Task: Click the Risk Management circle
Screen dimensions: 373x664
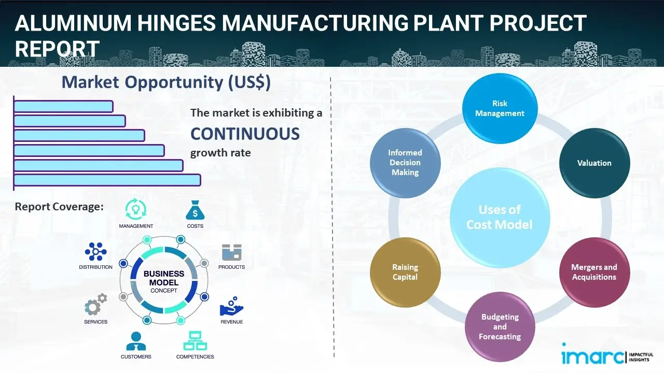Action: (x=500, y=109)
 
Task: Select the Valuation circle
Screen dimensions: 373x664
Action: (x=594, y=163)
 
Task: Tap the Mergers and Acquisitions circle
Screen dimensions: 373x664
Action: (x=594, y=272)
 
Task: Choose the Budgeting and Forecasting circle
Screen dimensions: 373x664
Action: (x=500, y=326)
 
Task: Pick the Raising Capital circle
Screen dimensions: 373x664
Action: (x=405, y=272)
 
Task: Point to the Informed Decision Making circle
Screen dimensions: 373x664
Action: (x=405, y=163)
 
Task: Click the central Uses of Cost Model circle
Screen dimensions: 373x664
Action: (x=500, y=217)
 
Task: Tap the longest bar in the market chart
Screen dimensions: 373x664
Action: (x=107, y=180)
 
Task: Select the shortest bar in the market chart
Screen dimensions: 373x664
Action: (x=63, y=106)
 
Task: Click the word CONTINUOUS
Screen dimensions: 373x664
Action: (x=245, y=134)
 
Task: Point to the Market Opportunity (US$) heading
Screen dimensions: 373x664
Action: (x=166, y=82)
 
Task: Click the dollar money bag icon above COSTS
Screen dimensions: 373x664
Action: (x=195, y=210)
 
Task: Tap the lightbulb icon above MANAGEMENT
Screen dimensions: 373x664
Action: (x=136, y=209)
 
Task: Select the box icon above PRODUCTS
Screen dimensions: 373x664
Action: (x=232, y=253)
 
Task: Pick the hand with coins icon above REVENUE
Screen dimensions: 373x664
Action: (x=231, y=307)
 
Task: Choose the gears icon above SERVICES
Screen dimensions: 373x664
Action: (x=95, y=306)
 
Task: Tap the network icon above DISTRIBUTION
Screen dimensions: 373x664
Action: (x=95, y=252)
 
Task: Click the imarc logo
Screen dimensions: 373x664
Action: (x=592, y=356)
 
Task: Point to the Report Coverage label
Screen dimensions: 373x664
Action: (x=59, y=207)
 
